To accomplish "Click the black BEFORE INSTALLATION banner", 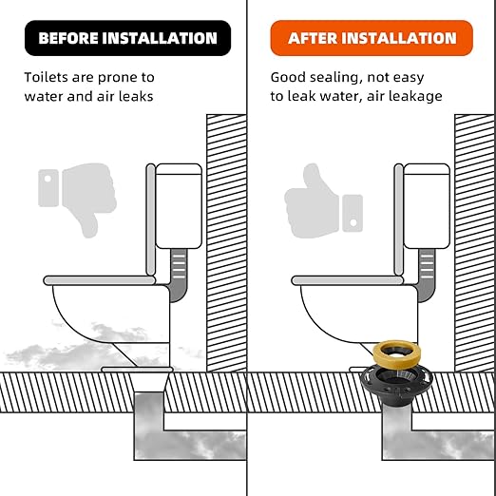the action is [127, 38].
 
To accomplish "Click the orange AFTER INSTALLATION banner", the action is [372, 38].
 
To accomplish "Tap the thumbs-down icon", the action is [78, 200].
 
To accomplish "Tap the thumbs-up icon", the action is [323, 200].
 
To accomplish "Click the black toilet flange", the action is [396, 385].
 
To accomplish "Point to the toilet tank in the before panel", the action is [179, 206].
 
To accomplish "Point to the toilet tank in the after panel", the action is [427, 206].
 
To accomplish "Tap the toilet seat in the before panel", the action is [100, 280].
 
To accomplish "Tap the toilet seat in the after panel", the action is [348, 280].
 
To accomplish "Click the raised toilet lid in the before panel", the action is [150, 219].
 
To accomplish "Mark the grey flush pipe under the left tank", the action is [179, 275].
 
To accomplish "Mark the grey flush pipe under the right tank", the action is [427, 275].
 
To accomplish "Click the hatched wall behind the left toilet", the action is [226, 243].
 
